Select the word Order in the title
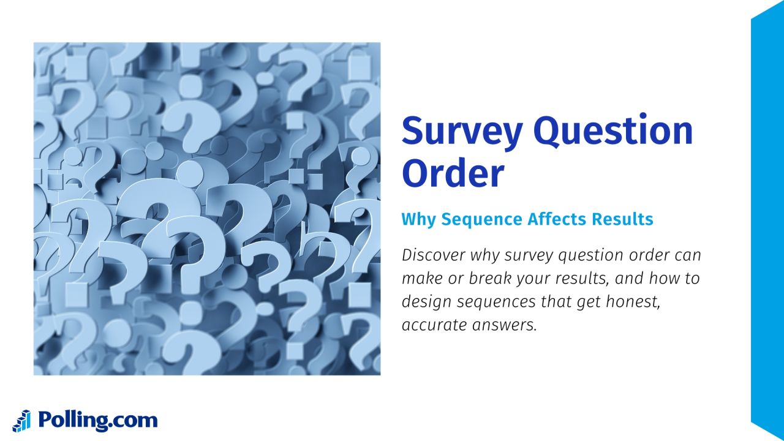[453, 173]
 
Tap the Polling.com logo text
[97, 421]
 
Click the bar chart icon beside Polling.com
[22, 421]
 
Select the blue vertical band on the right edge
[767, 221]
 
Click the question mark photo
[207, 208]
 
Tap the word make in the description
[421, 279]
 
